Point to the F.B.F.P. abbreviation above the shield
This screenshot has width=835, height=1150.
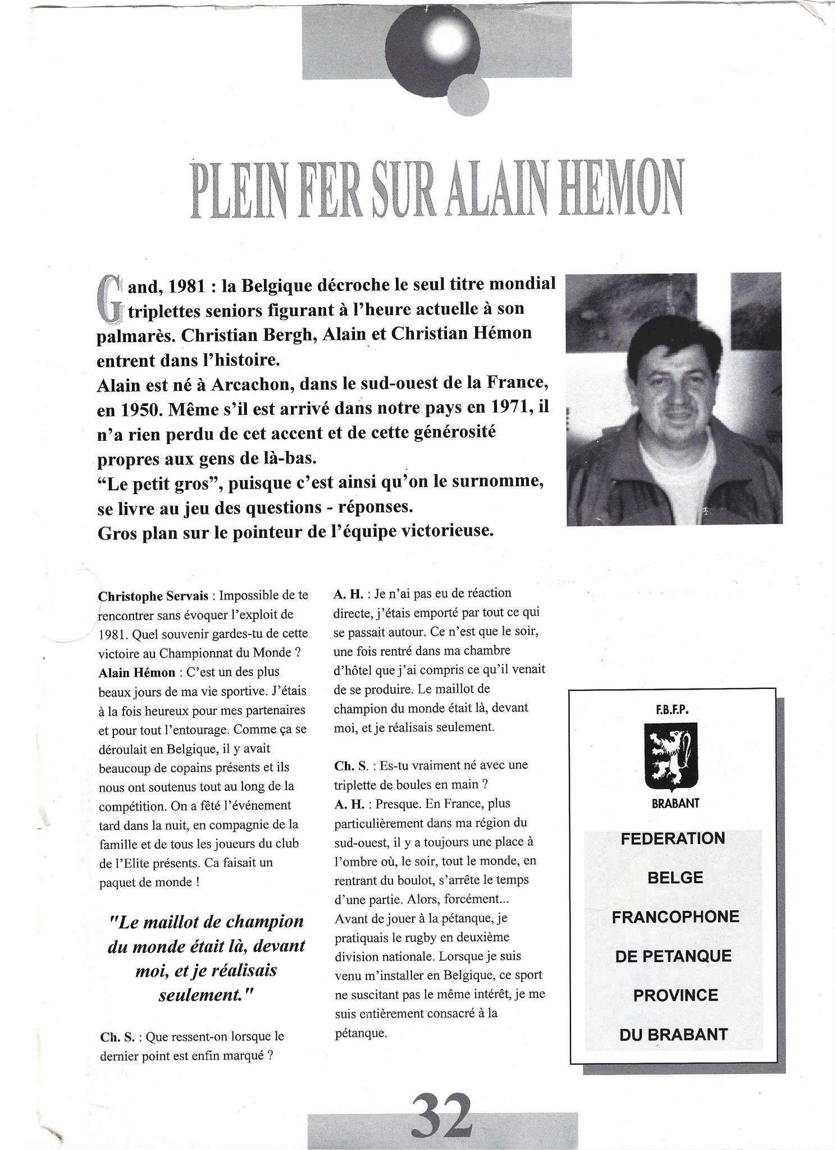pyautogui.click(x=672, y=710)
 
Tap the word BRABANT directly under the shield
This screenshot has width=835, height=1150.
pyautogui.click(x=675, y=804)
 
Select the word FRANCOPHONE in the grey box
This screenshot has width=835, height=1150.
pyautogui.click(x=675, y=917)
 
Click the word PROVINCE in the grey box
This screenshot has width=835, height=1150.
pyautogui.click(x=676, y=995)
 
